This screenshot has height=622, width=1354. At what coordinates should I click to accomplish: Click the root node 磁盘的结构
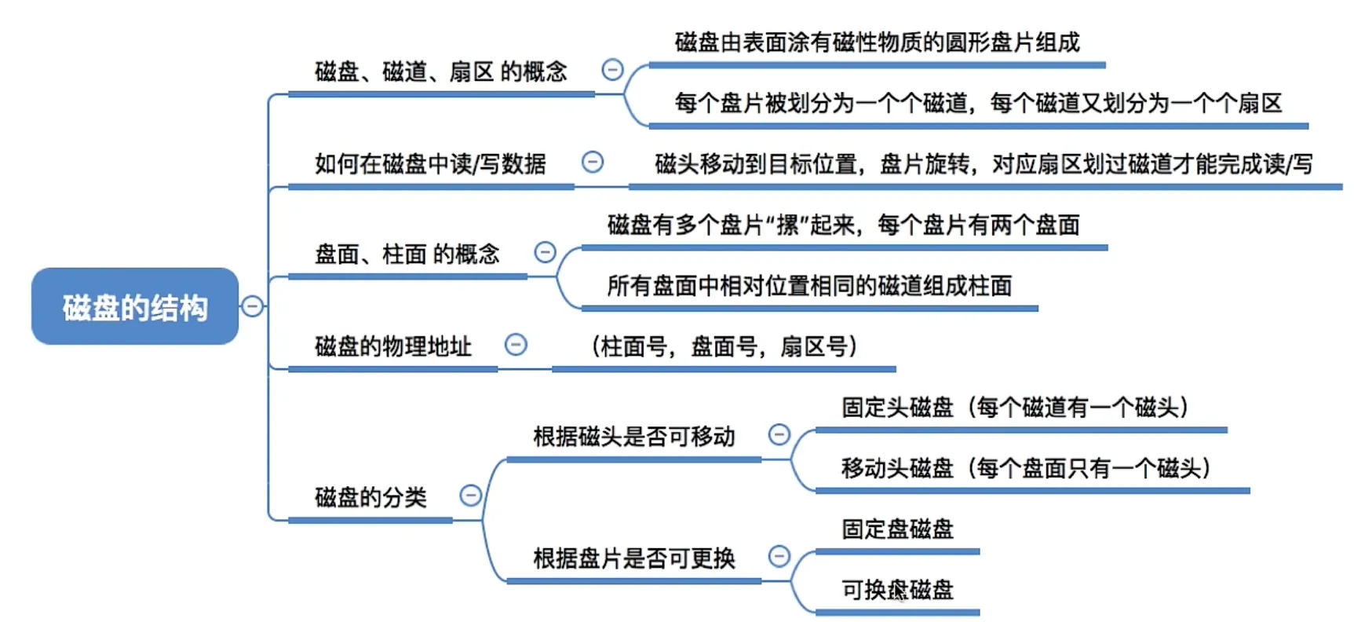pos(135,306)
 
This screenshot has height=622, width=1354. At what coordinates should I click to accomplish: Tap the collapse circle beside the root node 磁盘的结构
pos(252,306)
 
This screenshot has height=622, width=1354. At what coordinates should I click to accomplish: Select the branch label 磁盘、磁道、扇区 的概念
pos(440,72)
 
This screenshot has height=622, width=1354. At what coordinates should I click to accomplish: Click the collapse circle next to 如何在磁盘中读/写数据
pos(593,162)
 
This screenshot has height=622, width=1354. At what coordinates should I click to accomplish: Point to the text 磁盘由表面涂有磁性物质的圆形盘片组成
pos(877,42)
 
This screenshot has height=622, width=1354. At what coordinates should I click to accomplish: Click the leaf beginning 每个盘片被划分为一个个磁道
pos(977,103)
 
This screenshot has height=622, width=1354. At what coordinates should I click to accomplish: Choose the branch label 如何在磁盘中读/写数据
pos(430,163)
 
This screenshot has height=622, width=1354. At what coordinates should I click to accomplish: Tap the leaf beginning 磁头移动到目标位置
pos(983,164)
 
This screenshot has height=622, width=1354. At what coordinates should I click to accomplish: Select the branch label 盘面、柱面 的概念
pos(407,254)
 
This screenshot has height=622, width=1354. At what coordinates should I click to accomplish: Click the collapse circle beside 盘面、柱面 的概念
pos(545,252)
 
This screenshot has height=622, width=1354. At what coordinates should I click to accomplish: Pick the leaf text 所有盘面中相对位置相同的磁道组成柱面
pos(809,286)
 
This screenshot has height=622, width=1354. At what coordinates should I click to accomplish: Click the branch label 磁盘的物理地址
pos(392,346)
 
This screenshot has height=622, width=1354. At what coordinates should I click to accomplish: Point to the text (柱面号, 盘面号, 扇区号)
pos(724,346)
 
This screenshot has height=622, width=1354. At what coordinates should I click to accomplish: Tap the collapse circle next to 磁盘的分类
pos(470,495)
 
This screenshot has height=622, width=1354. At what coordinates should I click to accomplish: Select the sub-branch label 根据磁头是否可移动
pos(633,437)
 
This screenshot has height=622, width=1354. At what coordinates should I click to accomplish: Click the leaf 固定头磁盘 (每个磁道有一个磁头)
pos(1015,408)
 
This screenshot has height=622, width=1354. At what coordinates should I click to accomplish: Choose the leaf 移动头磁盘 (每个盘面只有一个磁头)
pos(1026,468)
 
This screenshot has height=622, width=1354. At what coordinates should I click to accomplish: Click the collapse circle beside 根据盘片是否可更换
pos(779,556)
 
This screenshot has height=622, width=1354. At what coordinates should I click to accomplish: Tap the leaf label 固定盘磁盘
pos(897,529)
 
